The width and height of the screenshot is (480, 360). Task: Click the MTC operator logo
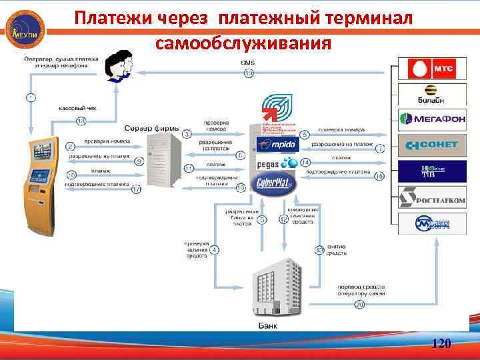coord(427,69)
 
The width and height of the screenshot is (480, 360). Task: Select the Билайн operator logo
coord(427,95)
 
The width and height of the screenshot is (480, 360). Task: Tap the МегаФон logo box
coord(427,120)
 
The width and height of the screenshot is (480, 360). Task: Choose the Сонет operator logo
coord(427,145)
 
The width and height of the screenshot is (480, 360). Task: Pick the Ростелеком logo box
coord(427,197)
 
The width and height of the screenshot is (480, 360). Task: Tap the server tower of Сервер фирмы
coord(162,160)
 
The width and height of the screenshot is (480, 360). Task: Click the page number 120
coord(441,344)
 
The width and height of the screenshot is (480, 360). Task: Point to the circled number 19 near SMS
coord(248,73)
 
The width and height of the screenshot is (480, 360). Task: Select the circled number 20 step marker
coord(359,305)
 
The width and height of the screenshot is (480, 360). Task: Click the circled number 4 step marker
coord(215,250)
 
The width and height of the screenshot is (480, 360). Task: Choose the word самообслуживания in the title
coord(243,43)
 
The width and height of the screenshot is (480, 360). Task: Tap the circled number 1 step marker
coord(31,97)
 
